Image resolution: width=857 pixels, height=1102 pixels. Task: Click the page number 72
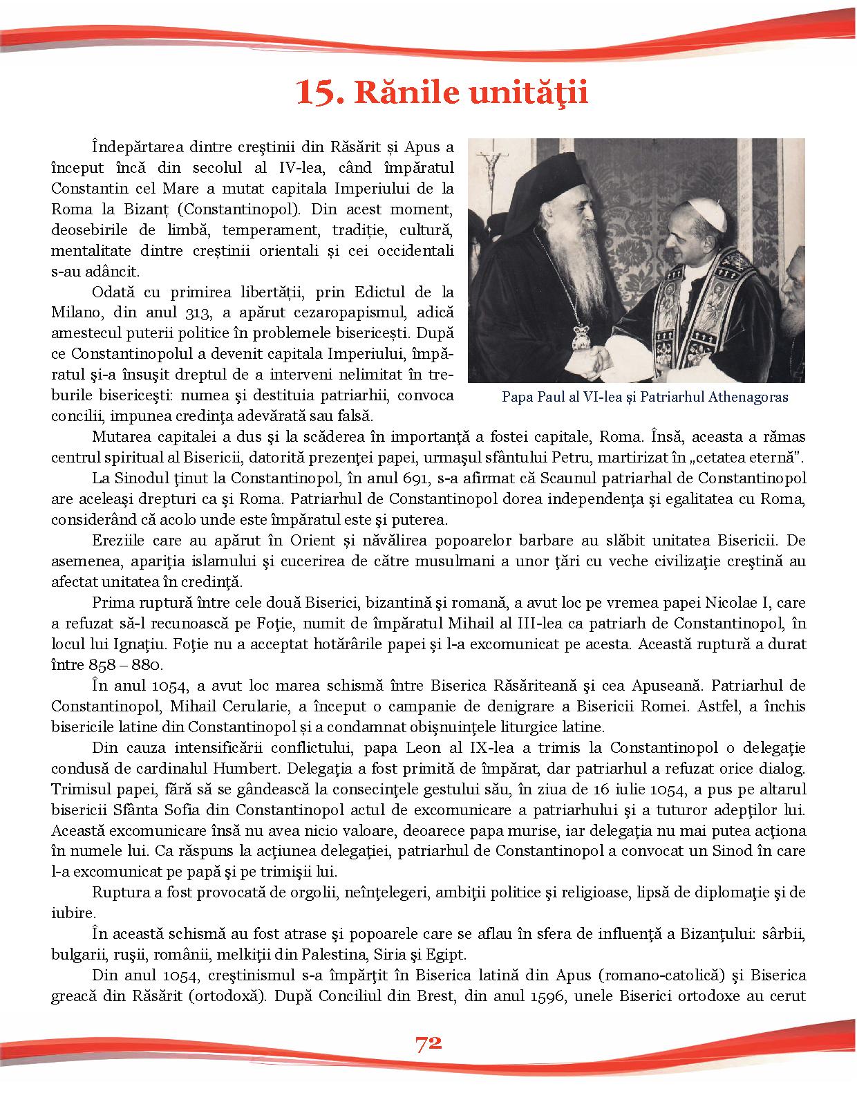click(428, 1044)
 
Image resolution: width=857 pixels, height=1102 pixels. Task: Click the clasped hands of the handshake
click(596, 358)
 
